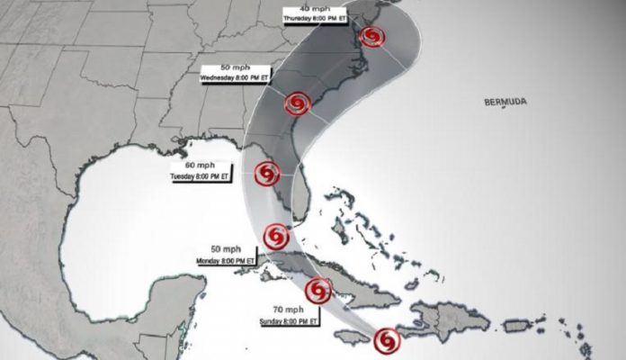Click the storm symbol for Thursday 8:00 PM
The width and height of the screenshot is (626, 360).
coord(371,36)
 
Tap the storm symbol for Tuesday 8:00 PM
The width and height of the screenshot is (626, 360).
coord(267,172)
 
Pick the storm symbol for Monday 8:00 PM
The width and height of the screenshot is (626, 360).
coord(276,236)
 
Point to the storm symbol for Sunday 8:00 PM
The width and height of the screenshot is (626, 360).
coord(317,290)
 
